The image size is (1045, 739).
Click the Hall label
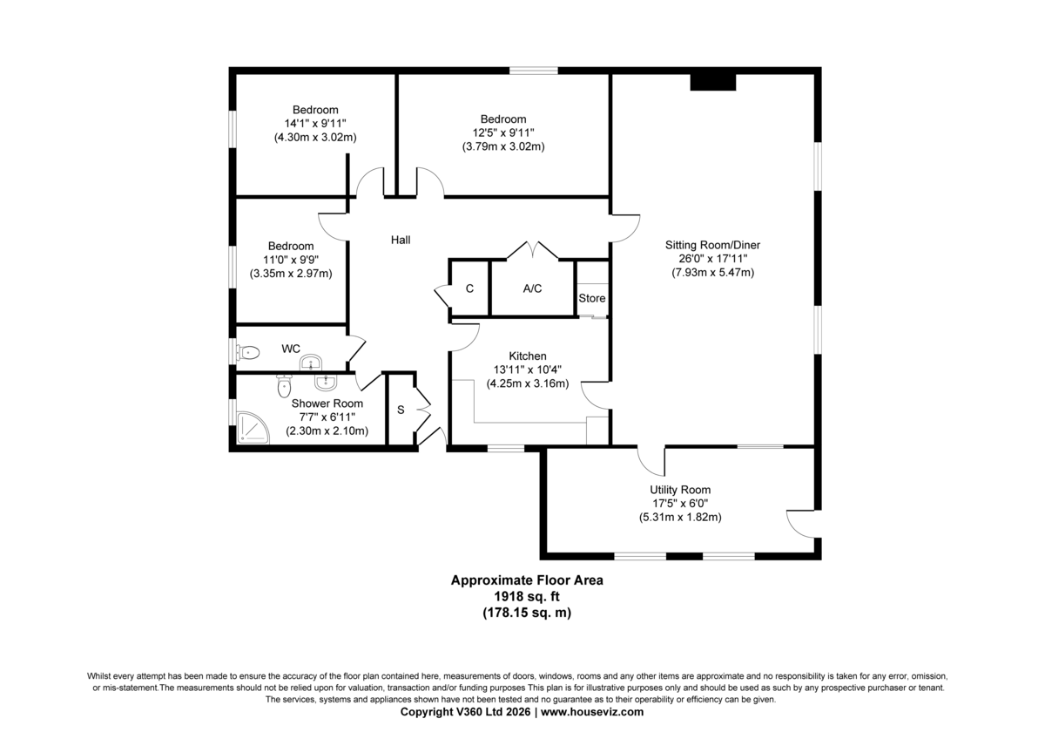pyautogui.click(x=401, y=240)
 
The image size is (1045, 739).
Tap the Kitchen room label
pyautogui.click(x=528, y=356)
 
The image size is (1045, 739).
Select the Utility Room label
pyautogui.click(x=680, y=490)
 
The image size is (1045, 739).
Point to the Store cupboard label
pyautogui.click(x=592, y=298)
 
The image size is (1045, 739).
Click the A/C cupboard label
pyautogui.click(x=532, y=288)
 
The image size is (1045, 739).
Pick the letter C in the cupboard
pyautogui.click(x=469, y=288)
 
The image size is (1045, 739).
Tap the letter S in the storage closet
pyautogui.click(x=401, y=410)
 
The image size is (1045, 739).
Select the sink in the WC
pyautogui.click(x=311, y=363)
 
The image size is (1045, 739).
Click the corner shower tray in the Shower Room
pyautogui.click(x=253, y=427)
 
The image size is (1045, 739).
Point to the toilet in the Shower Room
pyautogui.click(x=284, y=385)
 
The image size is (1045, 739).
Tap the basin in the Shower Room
pyautogui.click(x=325, y=383)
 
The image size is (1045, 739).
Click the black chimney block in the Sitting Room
pyautogui.click(x=713, y=82)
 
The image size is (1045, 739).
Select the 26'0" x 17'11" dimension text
pyautogui.click(x=713, y=259)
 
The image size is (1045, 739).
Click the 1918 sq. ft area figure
pyautogui.click(x=527, y=596)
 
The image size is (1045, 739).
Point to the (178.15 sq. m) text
pyautogui.click(x=527, y=613)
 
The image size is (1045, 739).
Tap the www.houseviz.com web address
pyautogui.click(x=592, y=711)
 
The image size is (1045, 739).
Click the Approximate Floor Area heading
pyautogui.click(x=527, y=580)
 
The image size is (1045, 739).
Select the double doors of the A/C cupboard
pyautogui.click(x=532, y=250)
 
